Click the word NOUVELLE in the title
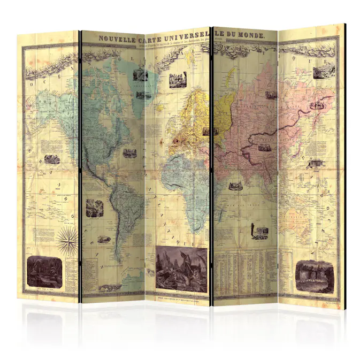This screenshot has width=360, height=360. pyautogui.click(x=118, y=39)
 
